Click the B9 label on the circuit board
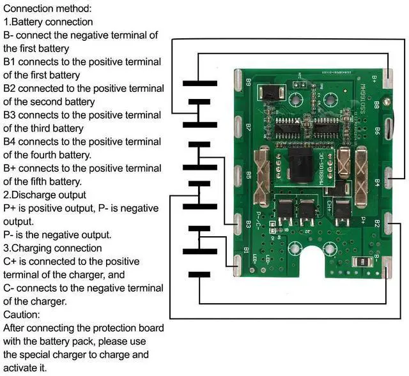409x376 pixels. coord(248,82)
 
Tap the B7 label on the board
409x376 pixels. coord(247,127)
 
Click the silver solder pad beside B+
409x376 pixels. coord(387,78)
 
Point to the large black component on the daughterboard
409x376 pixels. coord(295,169)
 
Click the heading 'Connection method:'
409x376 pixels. coord(47,9)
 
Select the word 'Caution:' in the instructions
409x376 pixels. coord(22,315)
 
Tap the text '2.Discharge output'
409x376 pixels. coord(44,195)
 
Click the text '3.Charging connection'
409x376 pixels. coord(52,248)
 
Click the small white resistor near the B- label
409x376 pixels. coord(362,261)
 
